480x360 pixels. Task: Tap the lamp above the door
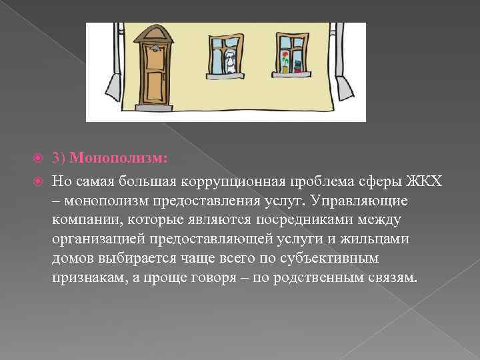click(x=155, y=48)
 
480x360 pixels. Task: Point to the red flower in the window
click(x=285, y=55)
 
